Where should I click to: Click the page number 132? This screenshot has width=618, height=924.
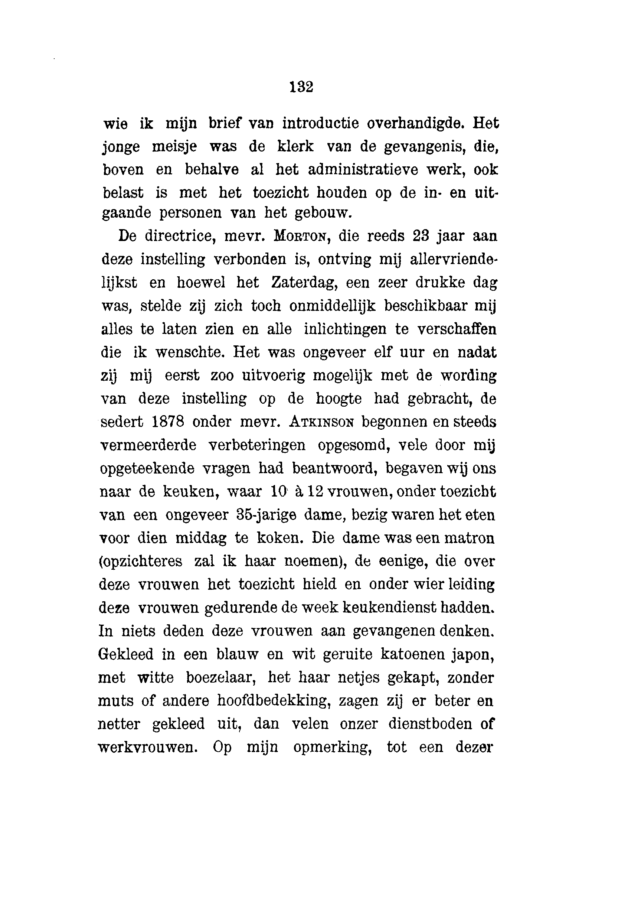[x=301, y=87]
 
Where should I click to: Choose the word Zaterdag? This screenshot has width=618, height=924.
[x=303, y=283]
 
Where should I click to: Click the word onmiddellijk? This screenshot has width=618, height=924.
[x=333, y=306]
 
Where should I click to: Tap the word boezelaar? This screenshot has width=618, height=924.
[x=222, y=677]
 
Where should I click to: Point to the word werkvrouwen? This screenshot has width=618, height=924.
[x=147, y=747]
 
